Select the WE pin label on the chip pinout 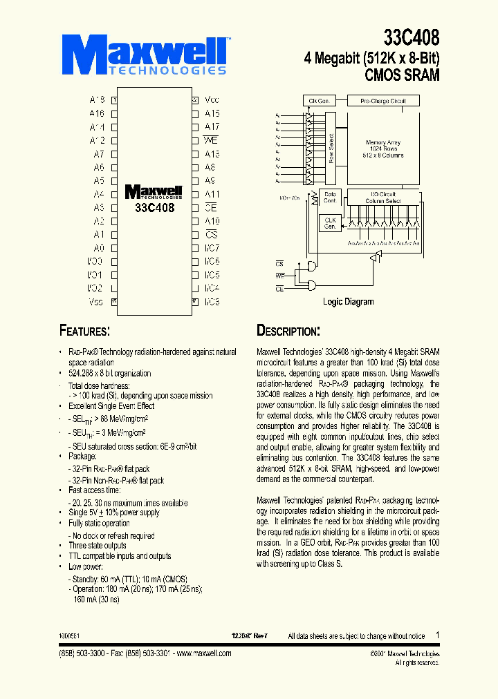tap(212, 140)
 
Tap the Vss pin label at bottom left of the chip tap(96, 301)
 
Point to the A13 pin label tap(212, 154)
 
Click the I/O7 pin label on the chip tap(212, 248)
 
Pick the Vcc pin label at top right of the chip tap(212, 100)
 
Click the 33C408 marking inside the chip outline tap(154, 207)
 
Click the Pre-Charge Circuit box tap(383, 101)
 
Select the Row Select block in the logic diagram tap(331, 149)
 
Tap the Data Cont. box tap(330, 198)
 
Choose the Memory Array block tap(383, 149)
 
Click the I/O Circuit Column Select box tap(384, 198)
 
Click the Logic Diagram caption tap(348, 302)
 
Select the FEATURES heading tap(84, 331)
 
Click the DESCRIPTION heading tap(288, 331)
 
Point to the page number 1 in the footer tap(437, 635)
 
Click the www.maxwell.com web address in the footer tap(199, 653)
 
